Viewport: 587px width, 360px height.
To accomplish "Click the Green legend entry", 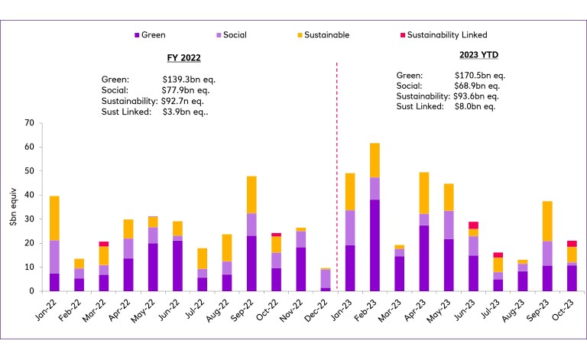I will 154,35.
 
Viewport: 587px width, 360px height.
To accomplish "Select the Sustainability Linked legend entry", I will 446,35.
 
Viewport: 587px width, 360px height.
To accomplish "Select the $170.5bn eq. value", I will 478,76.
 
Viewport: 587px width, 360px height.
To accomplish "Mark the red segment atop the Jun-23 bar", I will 474,225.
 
